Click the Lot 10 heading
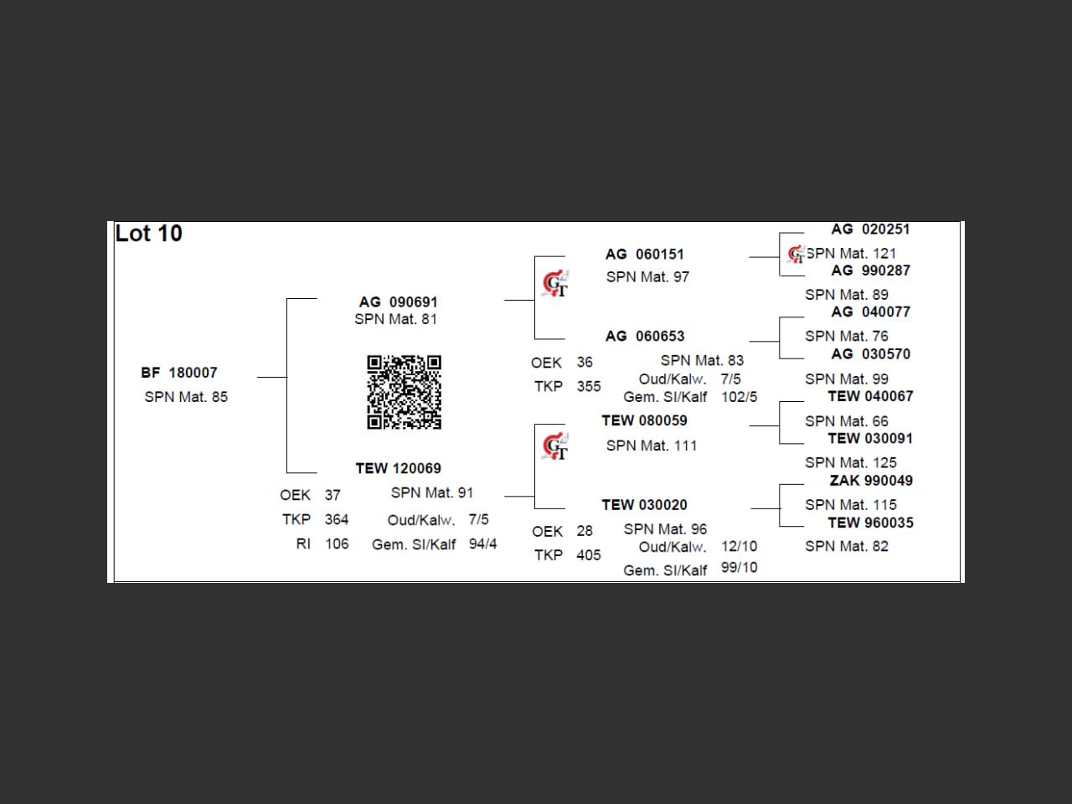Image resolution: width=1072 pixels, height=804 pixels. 148,234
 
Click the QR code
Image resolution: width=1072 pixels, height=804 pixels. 404,392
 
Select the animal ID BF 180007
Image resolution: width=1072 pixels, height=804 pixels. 179,373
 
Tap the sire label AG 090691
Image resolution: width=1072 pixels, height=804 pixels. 398,301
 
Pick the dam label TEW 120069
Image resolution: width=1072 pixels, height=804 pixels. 398,468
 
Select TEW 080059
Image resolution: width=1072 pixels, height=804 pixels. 644,420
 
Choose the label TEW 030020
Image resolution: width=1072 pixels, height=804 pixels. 644,505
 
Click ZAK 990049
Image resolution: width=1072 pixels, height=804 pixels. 871,481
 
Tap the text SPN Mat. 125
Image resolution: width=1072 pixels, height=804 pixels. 850,462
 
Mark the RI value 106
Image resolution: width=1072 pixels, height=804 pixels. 337,544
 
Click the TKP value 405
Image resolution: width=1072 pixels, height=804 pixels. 588,555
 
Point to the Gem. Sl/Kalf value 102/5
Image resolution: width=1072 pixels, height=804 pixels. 739,397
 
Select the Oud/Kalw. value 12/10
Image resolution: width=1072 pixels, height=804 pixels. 739,546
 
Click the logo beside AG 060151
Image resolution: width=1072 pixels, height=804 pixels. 554,284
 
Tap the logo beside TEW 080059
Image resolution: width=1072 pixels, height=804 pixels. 554,447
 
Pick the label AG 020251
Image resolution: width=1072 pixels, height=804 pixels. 870,229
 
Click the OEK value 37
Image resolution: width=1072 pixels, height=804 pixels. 332,495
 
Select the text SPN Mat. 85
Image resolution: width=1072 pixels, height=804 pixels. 186,397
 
